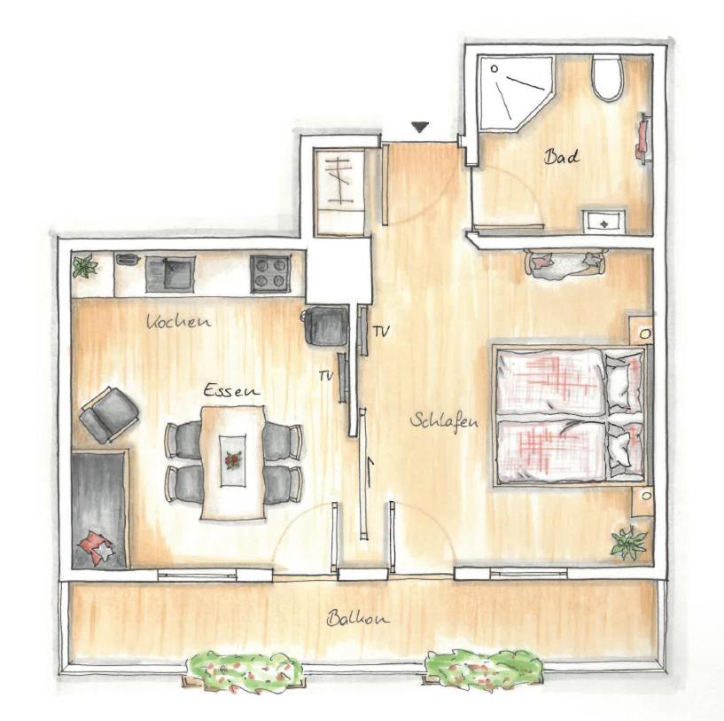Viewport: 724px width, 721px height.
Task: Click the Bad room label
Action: pos(561,156)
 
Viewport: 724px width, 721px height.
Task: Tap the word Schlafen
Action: pos(444,422)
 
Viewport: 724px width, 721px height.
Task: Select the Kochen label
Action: pos(179,321)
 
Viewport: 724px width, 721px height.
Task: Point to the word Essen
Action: pos(232,390)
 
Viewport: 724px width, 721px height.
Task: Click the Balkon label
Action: pos(358,618)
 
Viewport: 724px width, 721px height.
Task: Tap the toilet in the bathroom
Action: pos(608,77)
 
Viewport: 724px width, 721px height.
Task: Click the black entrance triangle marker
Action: pos(420,127)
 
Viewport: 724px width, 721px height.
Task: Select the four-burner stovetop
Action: pos(270,274)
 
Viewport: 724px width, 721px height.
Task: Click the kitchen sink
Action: pos(170,274)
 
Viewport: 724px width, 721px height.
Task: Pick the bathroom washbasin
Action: pos(603,221)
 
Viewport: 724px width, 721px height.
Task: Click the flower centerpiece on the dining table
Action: pos(233,460)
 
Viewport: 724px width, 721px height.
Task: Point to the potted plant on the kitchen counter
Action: pos(85,267)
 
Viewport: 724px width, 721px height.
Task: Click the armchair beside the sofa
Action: pos(109,414)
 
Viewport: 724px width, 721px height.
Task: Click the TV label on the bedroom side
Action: pos(381,331)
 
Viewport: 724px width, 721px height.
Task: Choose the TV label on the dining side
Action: pos(326,377)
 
